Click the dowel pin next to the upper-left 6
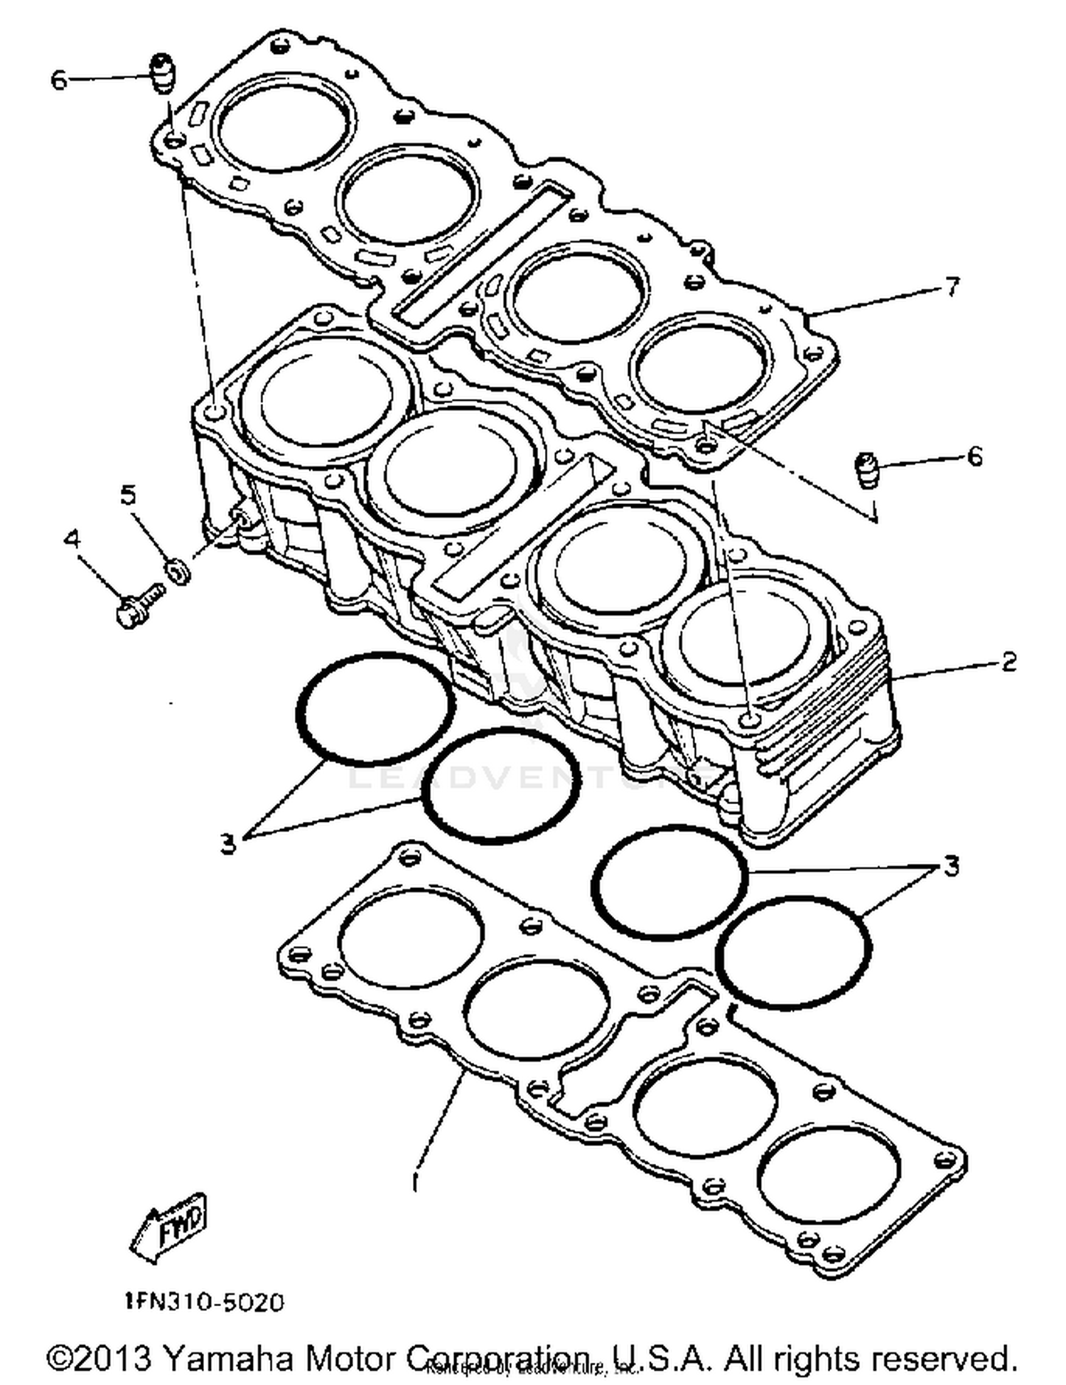coord(163,73)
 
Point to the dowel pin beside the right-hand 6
coord(866,470)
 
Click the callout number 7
coord(952,287)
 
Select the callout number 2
coord(1008,662)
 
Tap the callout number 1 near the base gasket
coord(415,1182)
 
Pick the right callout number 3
coord(951,866)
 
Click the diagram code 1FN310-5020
coord(204,1302)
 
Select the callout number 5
coord(129,495)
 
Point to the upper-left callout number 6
coord(59,80)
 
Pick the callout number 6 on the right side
coord(974,456)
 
